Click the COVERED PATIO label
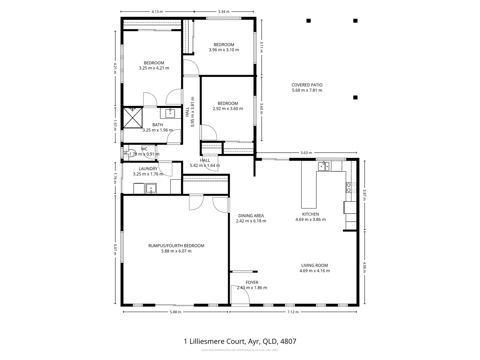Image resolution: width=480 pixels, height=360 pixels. tap(307, 85)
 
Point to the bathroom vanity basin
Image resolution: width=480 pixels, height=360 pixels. tap(170, 113)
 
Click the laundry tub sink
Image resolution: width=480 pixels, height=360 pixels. tap(151, 189)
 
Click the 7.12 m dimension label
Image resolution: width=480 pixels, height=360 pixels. tap(293, 312)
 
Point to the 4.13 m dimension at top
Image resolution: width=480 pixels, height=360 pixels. tap(157, 12)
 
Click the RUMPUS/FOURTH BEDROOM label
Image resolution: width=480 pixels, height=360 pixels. tap(176, 246)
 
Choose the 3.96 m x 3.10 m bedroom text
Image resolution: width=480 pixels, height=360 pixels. tap(224, 50)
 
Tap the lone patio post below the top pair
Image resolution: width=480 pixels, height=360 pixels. tap(355, 97)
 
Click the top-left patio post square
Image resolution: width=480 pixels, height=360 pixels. tap(309, 21)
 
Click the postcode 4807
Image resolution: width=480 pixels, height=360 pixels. tap(288, 341)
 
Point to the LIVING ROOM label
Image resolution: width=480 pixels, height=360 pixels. tap(314, 265)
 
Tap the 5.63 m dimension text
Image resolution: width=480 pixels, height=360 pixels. tap(306, 153)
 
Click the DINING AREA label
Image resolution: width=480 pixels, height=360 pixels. tap(251, 216)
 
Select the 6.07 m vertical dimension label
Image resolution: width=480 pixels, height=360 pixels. tap(115, 249)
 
